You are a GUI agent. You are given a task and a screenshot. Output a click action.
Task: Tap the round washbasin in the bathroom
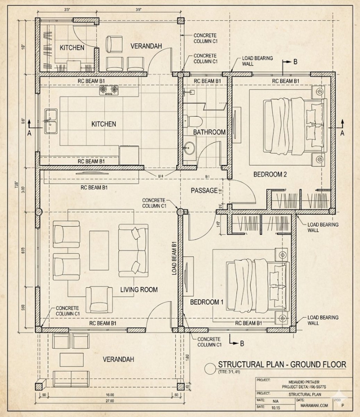(190, 148)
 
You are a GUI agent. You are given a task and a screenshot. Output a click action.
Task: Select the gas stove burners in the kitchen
(108, 91)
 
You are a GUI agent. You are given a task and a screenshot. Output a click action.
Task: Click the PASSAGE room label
(204, 190)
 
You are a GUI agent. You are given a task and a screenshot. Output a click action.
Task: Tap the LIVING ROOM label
(139, 289)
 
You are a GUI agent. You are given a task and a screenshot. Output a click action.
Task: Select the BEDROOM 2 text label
(270, 174)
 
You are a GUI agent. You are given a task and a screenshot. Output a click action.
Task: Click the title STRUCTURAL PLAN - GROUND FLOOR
(282, 365)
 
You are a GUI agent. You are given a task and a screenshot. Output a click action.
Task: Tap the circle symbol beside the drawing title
(210, 368)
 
